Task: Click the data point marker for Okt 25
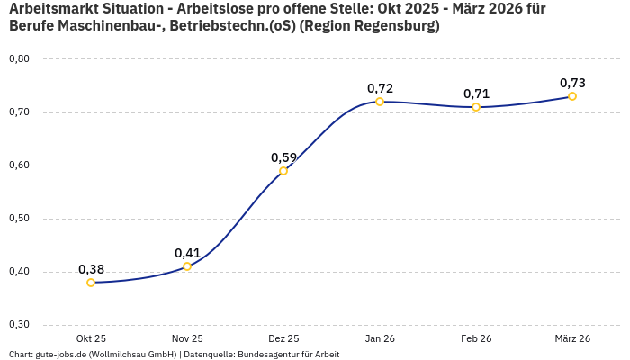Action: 91,283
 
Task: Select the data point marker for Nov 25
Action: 187,266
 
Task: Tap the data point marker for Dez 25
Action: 283,171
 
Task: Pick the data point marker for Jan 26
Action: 380,102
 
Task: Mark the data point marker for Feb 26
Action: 476,107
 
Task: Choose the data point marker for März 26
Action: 572,96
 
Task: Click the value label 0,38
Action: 91,269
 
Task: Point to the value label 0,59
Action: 283,157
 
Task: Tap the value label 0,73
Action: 572,83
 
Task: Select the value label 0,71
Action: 476,94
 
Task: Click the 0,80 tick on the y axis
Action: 19,59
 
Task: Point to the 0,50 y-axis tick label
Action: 19,219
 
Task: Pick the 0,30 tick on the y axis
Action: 19,325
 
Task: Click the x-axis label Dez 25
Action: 283,338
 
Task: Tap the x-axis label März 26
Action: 572,338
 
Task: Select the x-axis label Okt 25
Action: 91,338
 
